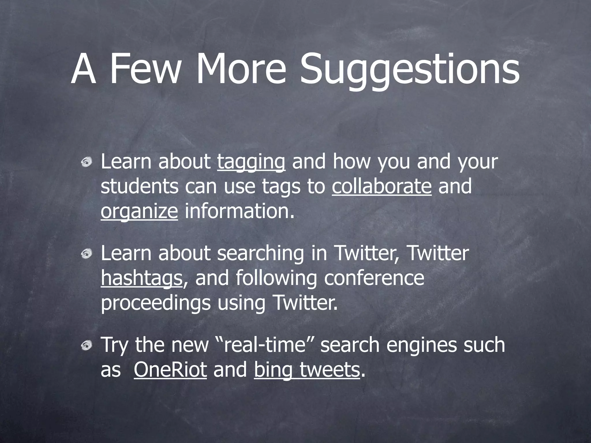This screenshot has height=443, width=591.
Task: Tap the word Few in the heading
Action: (x=144, y=69)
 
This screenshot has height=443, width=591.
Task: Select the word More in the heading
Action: (x=241, y=69)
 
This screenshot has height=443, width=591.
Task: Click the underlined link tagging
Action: (x=251, y=162)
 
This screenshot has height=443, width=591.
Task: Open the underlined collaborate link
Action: (x=381, y=187)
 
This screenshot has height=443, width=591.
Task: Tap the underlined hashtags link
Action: (x=142, y=278)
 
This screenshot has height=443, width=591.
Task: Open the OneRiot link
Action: (x=170, y=370)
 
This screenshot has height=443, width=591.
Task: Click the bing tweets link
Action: (x=307, y=370)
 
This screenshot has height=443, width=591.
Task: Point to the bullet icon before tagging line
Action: (x=86, y=163)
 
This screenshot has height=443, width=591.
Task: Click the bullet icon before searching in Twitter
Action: (x=86, y=254)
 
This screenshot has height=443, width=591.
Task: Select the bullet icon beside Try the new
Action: (x=86, y=345)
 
